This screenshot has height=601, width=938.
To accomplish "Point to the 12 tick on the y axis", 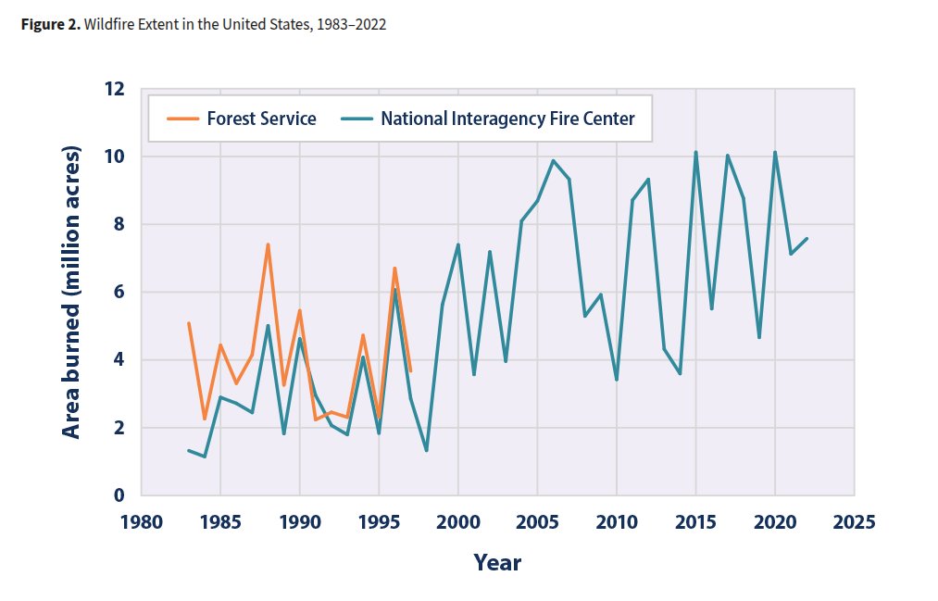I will (x=114, y=90).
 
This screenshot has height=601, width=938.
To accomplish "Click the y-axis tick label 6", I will (x=119, y=293).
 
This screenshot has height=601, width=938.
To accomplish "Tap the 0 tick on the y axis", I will (x=119, y=495).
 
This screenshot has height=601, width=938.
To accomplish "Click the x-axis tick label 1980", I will (x=141, y=520).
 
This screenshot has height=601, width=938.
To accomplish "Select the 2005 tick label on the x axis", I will (x=537, y=520).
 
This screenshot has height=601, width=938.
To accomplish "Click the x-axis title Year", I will (x=497, y=562).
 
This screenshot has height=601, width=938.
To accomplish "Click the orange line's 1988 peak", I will (x=268, y=244).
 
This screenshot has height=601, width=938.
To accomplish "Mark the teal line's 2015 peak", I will (x=695, y=152).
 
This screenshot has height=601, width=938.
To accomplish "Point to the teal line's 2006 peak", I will (x=553, y=161).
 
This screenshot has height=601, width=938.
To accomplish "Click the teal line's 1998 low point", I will (x=426, y=451).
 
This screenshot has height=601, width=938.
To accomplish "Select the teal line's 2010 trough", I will (x=616, y=380).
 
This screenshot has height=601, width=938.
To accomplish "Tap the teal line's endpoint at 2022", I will (x=807, y=239).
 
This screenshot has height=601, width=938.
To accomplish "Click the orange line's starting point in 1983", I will (x=188, y=323).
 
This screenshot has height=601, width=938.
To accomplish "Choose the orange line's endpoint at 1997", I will (x=410, y=371).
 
